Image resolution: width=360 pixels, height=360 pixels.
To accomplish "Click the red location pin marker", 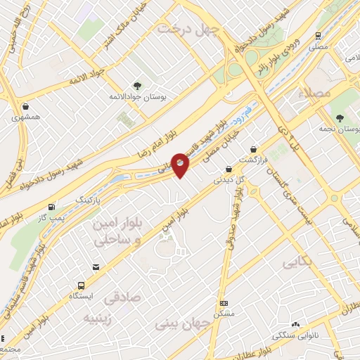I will point(181,163).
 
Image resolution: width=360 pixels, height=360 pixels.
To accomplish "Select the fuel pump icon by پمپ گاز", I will point(51,207).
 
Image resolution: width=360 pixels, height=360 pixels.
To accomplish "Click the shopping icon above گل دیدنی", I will point(229,169).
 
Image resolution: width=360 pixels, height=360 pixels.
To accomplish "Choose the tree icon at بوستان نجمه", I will point(340,117).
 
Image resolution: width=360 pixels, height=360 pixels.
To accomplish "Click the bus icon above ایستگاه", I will point(82,285).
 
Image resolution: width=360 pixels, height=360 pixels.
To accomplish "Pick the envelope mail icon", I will point(96,266).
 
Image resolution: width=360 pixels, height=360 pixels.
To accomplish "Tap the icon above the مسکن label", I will point(224,303).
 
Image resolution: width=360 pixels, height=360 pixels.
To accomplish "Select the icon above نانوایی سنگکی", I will point(295,325).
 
